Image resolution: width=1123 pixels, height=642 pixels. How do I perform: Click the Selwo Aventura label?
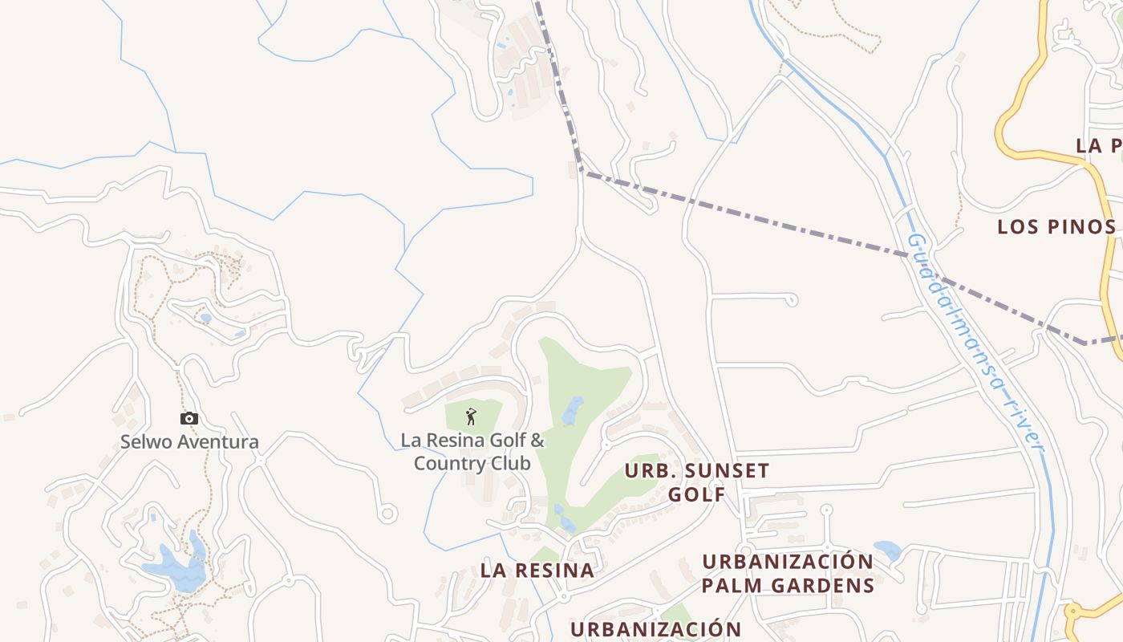[x=189, y=441]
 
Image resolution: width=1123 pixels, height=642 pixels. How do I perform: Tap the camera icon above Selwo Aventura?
[x=189, y=418]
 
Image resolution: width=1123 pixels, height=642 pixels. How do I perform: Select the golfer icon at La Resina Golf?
[x=471, y=416]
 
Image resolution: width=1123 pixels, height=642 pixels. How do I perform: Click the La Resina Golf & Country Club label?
[x=472, y=452]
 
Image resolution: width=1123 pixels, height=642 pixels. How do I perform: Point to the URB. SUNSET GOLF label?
[x=696, y=482]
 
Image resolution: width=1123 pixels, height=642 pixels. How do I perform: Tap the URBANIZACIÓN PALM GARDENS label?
[x=788, y=573]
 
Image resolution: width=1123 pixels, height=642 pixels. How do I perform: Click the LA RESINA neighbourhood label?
[x=537, y=571]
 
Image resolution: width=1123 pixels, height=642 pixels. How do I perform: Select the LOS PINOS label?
[x=1056, y=227]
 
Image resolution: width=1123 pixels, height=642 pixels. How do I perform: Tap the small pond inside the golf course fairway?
[x=572, y=411]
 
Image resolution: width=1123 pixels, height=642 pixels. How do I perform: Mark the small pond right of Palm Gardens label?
[x=887, y=551]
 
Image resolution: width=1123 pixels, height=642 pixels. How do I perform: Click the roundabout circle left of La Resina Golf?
[x=388, y=512]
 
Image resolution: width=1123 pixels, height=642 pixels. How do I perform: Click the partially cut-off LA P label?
[x=1098, y=146]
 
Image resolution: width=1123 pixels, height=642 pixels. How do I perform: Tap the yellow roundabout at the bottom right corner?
[x=1074, y=615]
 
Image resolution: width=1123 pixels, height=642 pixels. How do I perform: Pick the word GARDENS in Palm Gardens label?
[x=824, y=585]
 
